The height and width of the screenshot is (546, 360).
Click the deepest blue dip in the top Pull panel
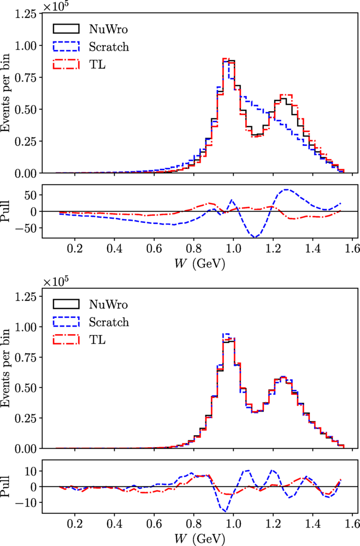click(x=255, y=237)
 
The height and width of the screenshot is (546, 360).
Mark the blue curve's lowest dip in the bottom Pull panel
click(x=225, y=511)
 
